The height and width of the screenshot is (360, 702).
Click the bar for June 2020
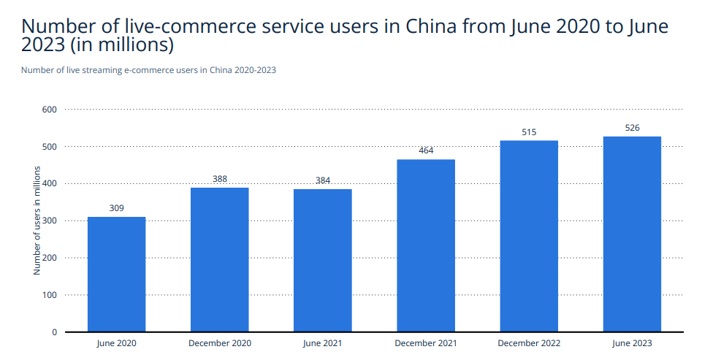(x=116, y=275)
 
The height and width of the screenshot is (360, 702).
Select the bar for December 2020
(x=219, y=260)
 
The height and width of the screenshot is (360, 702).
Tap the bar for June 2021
(x=323, y=261)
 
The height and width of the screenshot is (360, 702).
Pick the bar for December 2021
(x=426, y=246)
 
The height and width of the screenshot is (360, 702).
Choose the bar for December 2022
(x=529, y=237)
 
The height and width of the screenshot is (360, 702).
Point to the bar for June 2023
(x=632, y=234)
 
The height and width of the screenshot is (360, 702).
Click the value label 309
(x=116, y=208)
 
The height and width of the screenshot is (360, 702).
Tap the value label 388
(x=219, y=179)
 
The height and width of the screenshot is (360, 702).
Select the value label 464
(x=426, y=150)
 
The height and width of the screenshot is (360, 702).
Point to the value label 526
(x=632, y=128)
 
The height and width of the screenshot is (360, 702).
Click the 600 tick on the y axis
(x=50, y=110)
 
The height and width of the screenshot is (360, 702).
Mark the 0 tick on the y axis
(x=54, y=332)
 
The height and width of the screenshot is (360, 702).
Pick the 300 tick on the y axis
(x=50, y=221)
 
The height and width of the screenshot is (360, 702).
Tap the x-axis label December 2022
(x=529, y=343)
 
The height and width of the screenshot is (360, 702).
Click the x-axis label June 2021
(x=323, y=343)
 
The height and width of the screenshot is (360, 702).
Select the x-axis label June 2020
(x=116, y=343)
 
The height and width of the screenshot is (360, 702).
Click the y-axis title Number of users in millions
(x=37, y=221)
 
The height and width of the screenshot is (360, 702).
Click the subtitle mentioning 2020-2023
(x=148, y=70)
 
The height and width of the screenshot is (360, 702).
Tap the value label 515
(x=529, y=132)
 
